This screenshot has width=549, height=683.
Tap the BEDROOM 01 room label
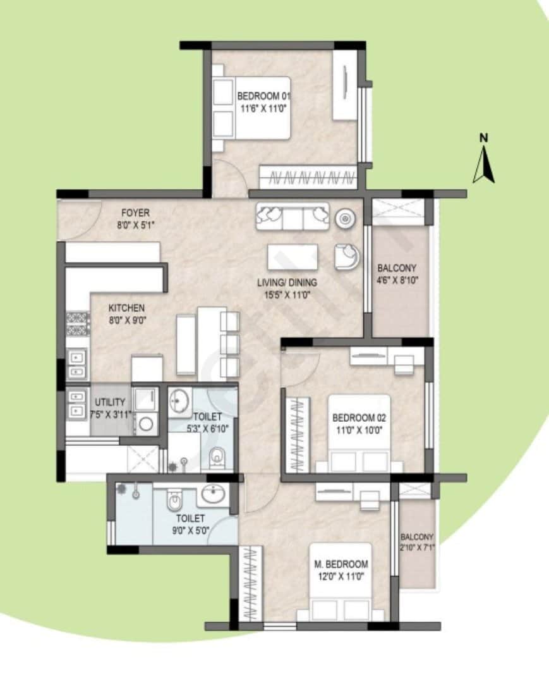264,95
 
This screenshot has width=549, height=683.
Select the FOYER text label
136,213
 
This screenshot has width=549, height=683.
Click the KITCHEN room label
126,308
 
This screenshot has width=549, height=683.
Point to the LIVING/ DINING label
287,283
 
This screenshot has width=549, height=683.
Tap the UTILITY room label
110,402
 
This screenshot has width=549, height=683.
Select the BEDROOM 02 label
359,417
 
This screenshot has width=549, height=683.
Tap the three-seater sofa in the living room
293,217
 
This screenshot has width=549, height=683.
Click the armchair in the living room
346,256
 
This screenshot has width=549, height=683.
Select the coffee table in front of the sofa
293,257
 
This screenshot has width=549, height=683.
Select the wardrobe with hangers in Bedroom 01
308,178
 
